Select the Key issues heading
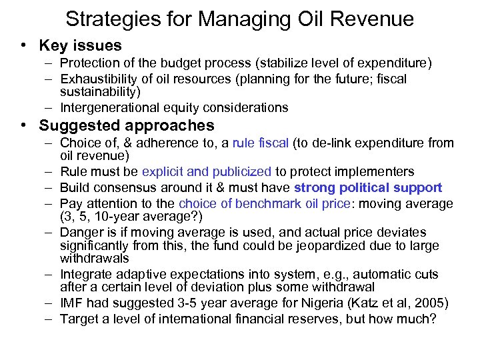[x=81, y=46]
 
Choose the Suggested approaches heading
[x=127, y=125]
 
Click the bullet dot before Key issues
[x=23, y=46]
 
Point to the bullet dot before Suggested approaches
[x=23, y=125]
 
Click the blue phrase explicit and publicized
[x=206, y=172]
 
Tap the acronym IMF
[x=73, y=303]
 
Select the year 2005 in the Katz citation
[x=429, y=303]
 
